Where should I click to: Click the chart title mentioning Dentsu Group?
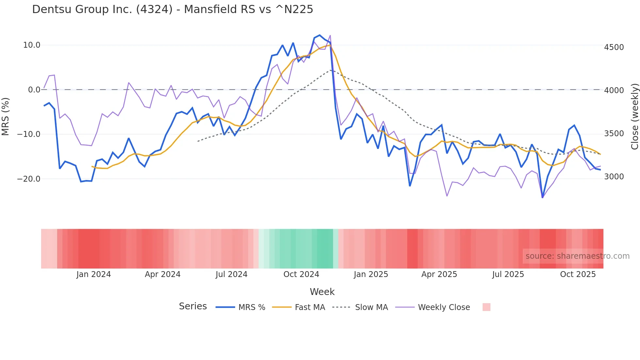[x=172, y=9]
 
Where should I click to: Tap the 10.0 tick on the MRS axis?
[x=32, y=45]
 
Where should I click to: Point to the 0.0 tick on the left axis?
[x=34, y=90]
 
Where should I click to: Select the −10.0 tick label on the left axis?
[x=29, y=134]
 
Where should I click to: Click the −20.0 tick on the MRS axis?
[x=29, y=179]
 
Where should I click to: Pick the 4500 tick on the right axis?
[x=614, y=47]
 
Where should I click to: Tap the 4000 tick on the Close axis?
[x=614, y=90]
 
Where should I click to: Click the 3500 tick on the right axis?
[x=614, y=134]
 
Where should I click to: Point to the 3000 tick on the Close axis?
[x=614, y=177]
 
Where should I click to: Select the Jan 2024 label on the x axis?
[x=94, y=274]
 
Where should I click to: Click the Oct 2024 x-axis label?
[x=301, y=274]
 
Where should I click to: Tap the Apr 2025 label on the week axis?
[x=439, y=274]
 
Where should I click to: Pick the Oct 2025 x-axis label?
[x=578, y=274]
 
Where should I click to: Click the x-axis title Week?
[x=322, y=292]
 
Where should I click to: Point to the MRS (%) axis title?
[x=6, y=116]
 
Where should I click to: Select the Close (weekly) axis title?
[x=634, y=116]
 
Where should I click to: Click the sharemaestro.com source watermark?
[x=577, y=256]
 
